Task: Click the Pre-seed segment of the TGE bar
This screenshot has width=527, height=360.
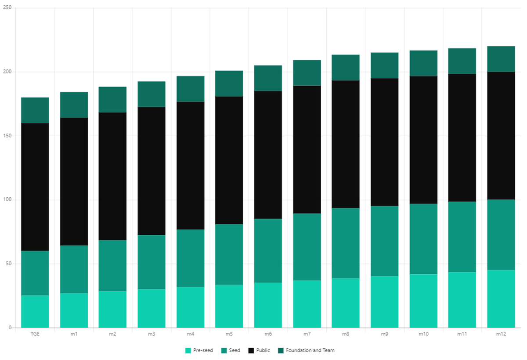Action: (x=35, y=311)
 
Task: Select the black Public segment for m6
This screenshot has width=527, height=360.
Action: (x=268, y=155)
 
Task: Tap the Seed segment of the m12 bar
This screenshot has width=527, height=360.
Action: (x=501, y=235)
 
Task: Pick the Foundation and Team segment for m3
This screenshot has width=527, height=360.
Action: (x=152, y=94)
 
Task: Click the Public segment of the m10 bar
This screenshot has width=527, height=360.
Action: (x=423, y=140)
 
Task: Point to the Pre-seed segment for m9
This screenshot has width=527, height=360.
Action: (x=385, y=302)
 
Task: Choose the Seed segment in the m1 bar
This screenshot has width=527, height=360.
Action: (x=74, y=269)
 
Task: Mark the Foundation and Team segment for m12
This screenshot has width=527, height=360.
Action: (x=501, y=59)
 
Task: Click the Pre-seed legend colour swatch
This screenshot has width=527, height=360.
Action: (x=188, y=350)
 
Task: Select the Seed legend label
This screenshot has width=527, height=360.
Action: (x=235, y=350)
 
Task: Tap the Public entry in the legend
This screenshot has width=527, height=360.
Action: (x=263, y=350)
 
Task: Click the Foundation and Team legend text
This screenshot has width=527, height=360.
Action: (x=310, y=350)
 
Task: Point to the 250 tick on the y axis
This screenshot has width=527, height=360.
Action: (x=7, y=8)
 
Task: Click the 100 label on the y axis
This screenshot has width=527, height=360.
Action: (x=7, y=200)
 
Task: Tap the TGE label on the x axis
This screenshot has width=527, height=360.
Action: (x=35, y=334)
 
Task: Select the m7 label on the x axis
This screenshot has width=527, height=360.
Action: (x=307, y=334)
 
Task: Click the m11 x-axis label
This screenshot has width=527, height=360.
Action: (x=462, y=334)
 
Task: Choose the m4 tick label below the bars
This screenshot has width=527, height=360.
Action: (x=191, y=334)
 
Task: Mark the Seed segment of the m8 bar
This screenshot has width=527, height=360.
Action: (x=346, y=243)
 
